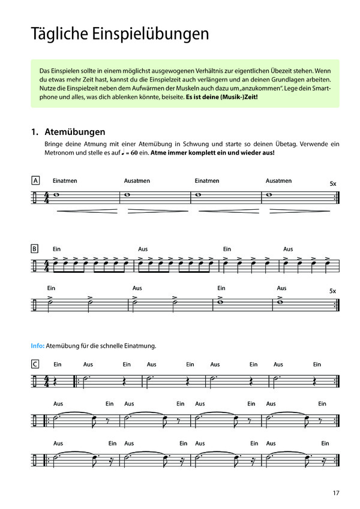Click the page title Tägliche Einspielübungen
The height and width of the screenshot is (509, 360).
(119, 34)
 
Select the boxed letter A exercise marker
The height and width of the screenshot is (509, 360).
(35, 180)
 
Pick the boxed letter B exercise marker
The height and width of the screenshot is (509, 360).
(35, 249)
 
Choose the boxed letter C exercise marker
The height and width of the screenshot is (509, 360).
(35, 364)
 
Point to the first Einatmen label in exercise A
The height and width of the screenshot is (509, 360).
(65, 180)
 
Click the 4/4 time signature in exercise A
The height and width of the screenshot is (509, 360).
(47, 197)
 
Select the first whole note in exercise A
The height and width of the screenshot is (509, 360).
(56, 194)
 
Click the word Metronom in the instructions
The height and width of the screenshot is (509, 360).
(59, 153)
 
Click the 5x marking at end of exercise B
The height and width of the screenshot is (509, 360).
(333, 291)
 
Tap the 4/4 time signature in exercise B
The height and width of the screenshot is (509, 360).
(47, 264)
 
